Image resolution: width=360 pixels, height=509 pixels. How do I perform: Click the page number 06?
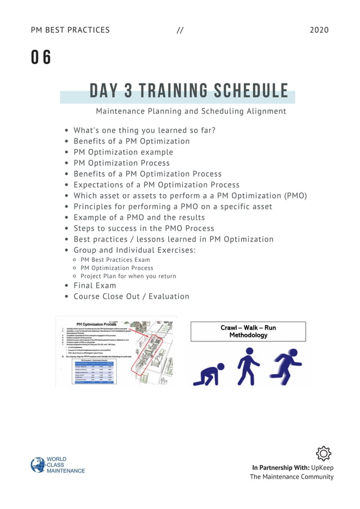click(41, 58)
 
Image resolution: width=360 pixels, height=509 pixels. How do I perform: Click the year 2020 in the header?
click(319, 30)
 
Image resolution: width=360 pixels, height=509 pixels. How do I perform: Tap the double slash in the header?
click(180, 30)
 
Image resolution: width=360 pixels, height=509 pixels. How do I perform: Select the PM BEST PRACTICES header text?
click(71, 30)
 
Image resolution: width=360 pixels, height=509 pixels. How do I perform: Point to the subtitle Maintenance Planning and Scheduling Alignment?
click(191, 111)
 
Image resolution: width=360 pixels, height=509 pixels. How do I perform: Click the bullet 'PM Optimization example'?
click(123, 152)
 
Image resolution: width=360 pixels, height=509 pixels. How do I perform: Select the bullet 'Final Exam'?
click(95, 286)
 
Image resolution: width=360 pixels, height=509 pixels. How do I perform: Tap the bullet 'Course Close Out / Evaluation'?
click(131, 296)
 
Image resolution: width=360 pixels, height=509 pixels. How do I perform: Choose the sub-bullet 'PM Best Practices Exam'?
click(115, 260)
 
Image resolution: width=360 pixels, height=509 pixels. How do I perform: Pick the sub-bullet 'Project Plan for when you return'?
click(128, 277)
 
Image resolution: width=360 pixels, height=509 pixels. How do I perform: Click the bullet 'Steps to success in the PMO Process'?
click(144, 229)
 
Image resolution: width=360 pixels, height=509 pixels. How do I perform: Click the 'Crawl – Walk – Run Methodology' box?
click(248, 331)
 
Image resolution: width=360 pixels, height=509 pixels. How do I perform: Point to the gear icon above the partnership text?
click(323, 453)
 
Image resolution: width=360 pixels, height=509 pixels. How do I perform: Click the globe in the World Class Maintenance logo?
click(38, 465)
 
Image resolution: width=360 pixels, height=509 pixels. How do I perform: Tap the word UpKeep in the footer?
click(322, 467)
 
